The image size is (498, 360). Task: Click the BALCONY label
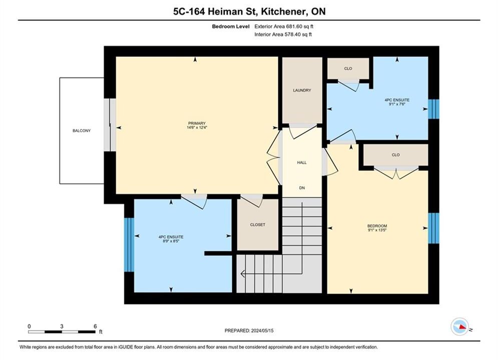(82, 130)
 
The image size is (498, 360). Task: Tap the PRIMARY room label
(197, 123)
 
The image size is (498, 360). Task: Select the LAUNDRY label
(302, 90)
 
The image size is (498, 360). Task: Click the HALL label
(302, 162)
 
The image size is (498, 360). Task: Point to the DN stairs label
(302, 188)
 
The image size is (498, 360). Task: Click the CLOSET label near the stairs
(258, 224)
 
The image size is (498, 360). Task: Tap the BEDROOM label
(377, 226)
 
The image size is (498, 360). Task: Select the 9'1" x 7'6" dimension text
(397, 104)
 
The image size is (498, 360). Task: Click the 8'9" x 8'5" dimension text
(171, 241)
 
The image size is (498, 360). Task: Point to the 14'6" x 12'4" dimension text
(197, 127)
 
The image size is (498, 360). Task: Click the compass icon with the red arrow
(459, 326)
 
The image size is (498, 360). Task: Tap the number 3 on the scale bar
(62, 326)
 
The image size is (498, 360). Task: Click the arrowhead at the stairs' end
(243, 273)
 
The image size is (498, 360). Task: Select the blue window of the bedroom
(433, 228)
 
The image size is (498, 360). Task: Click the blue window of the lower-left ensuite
(129, 244)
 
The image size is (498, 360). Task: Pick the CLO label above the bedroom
(396, 155)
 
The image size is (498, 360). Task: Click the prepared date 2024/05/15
(262, 330)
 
